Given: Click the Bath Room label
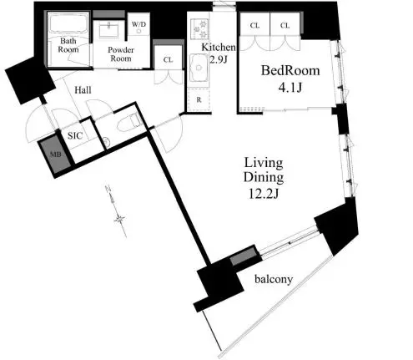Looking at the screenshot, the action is point(68,45).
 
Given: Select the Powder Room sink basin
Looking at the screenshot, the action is point(109,30).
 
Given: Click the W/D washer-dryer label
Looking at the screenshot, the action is point(139,24).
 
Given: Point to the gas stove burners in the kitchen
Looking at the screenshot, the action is point(199,28).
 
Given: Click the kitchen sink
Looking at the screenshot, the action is point(199,68).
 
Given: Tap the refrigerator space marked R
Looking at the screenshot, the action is point(199,100).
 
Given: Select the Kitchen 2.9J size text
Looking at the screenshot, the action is point(219,60).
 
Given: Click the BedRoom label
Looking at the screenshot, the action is point(290,71).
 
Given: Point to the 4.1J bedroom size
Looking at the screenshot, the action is point(290,88).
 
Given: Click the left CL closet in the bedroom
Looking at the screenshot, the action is point(254,26).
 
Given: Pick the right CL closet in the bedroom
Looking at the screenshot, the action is point(285,26).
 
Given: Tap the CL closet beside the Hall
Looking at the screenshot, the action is point(168,59).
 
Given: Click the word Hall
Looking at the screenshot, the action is point(83,90).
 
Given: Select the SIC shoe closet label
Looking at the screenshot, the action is point(75,136).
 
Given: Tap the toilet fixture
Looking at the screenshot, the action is point(129,123).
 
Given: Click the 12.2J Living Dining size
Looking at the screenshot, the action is point(264,194).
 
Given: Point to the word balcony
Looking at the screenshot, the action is point(274,279).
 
